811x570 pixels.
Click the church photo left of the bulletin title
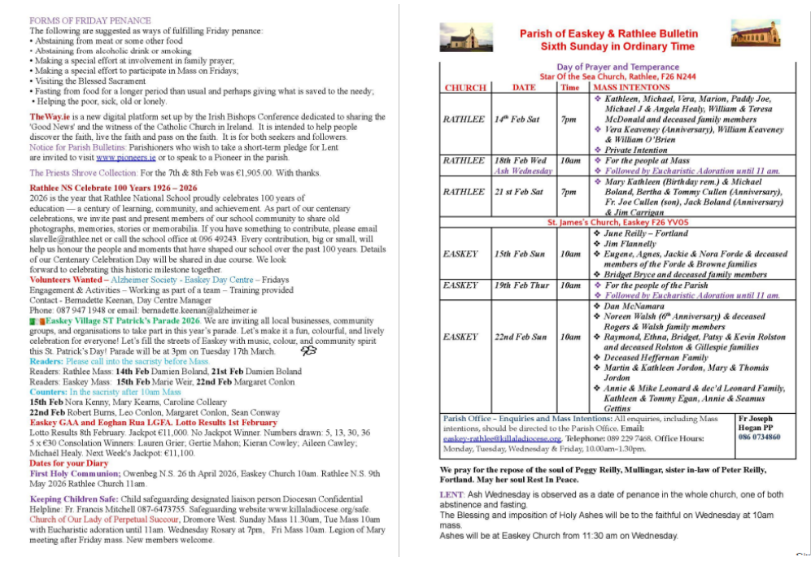[x=460, y=37]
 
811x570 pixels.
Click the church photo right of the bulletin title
[x=755, y=33]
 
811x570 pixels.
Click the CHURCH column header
[x=465, y=88]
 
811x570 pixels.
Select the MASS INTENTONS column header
[x=631, y=87]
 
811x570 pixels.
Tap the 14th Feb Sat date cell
[x=517, y=119]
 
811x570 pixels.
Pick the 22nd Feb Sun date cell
[x=521, y=337]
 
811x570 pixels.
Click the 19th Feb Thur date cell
[x=521, y=285]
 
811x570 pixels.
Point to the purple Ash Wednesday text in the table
[x=523, y=171]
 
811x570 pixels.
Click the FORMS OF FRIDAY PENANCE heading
[x=89, y=20]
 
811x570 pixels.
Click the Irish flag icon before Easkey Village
[x=37, y=321]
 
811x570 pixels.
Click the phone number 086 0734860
[x=758, y=437]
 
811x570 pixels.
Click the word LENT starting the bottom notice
[x=451, y=494]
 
